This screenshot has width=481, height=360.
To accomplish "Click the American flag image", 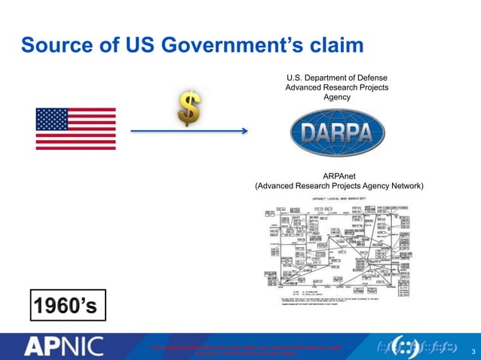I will point(75,129).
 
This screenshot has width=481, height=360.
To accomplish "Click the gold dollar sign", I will point(188,111).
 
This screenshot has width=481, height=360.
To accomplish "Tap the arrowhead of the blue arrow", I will point(244,131).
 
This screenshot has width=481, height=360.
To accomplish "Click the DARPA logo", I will point(336,135).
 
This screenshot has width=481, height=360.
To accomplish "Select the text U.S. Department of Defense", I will point(336,77).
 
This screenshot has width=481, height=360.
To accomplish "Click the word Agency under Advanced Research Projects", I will point(336,98).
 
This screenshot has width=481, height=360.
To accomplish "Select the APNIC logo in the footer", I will point(67,346).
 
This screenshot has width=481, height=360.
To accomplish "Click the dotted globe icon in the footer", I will point(407,346).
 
